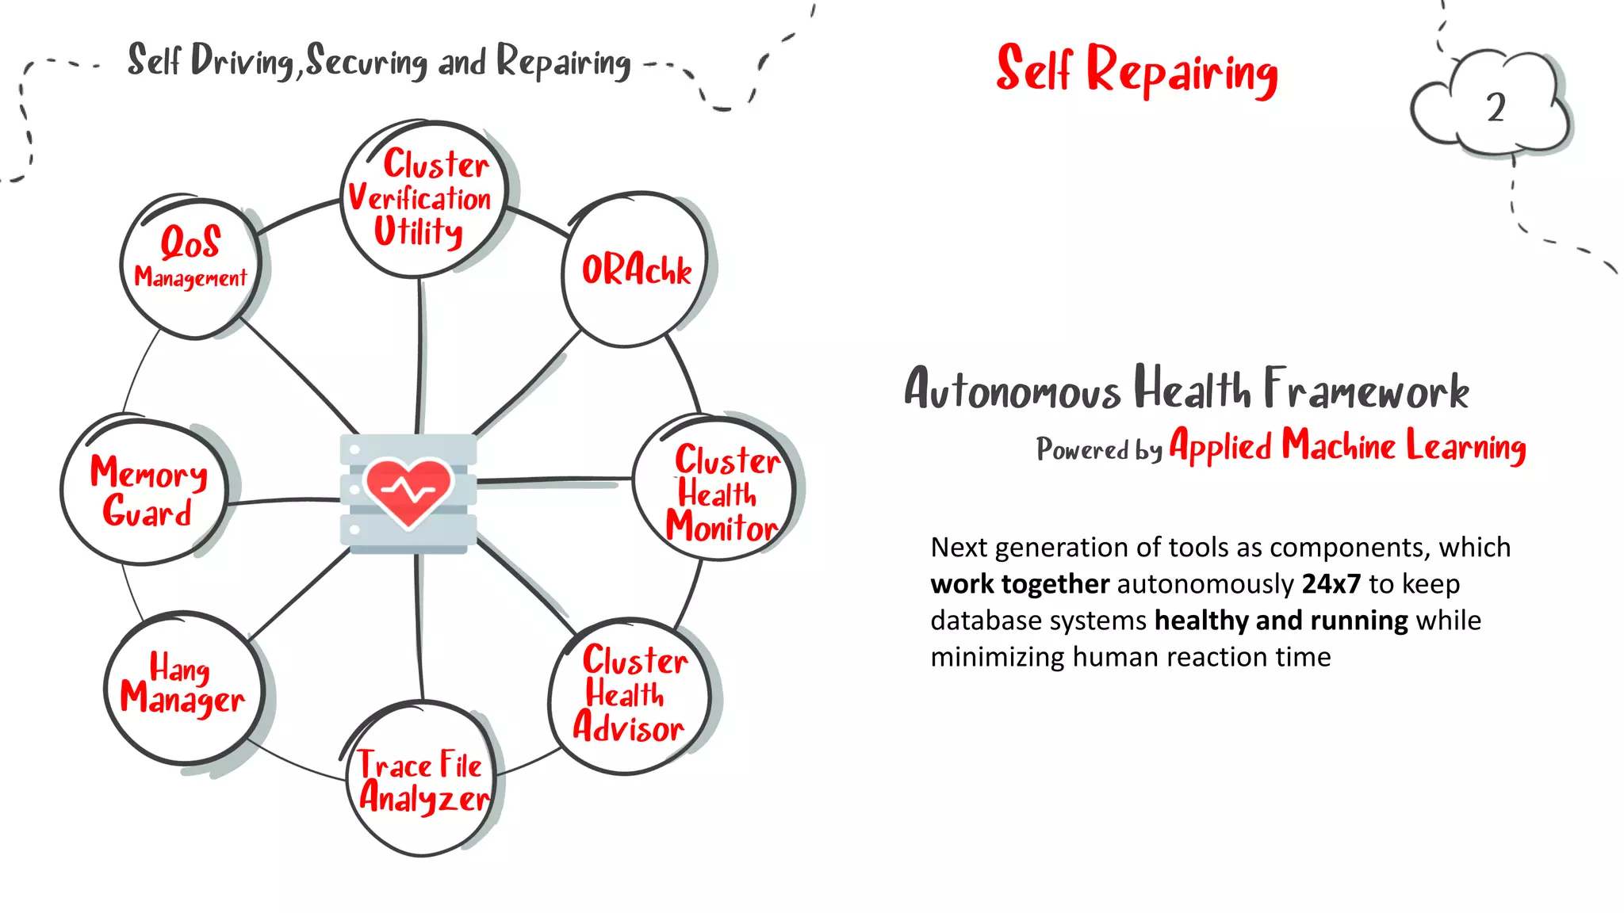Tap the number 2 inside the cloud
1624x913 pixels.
click(1496, 108)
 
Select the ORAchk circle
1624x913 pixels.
click(636, 270)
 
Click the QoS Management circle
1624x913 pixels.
click(191, 265)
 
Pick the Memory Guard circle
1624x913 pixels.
click(147, 491)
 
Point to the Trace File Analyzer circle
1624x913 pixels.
click(422, 780)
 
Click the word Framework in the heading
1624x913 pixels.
click(1366, 389)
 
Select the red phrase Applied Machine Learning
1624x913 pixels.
click(1347, 446)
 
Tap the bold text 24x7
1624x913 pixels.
click(1331, 584)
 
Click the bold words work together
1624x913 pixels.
click(1019, 584)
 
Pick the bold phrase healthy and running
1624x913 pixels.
click(1281, 621)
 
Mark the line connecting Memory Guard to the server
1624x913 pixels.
click(283, 500)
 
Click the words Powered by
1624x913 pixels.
click(1098, 449)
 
